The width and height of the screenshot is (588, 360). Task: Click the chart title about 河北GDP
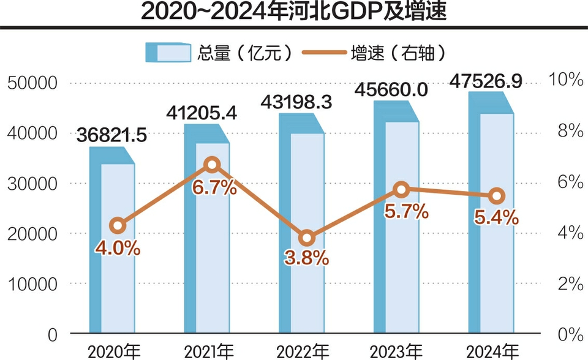coord(293,12)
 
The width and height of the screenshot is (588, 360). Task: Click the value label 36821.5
coord(112,135)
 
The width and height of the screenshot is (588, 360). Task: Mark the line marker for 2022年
coord(307,238)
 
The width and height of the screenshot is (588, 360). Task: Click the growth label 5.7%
coord(405,212)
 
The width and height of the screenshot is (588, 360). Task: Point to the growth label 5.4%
coord(497,217)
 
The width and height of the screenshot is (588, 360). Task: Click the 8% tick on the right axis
coord(568,130)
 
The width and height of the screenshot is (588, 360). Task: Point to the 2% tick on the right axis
coord(568,283)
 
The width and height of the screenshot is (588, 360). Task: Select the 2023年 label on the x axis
coord(396,352)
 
